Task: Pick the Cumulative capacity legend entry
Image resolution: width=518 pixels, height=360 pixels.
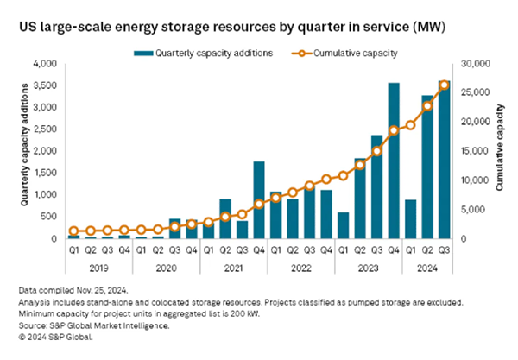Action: coord(357,53)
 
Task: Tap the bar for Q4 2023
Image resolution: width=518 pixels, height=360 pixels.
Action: coord(394,161)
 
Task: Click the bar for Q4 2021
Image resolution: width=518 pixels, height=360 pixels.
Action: coord(258,199)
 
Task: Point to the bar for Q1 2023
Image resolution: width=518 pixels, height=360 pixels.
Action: coord(343,225)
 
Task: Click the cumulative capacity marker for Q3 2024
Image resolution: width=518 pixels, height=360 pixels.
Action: coord(444,85)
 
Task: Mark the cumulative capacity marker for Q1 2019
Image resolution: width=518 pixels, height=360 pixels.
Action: coord(73,231)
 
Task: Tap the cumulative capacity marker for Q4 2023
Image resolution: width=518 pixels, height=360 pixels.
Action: coord(394,130)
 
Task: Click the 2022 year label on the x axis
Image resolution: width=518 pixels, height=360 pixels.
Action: coord(300,268)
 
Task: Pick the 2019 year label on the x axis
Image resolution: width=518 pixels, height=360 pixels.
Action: coord(98,268)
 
